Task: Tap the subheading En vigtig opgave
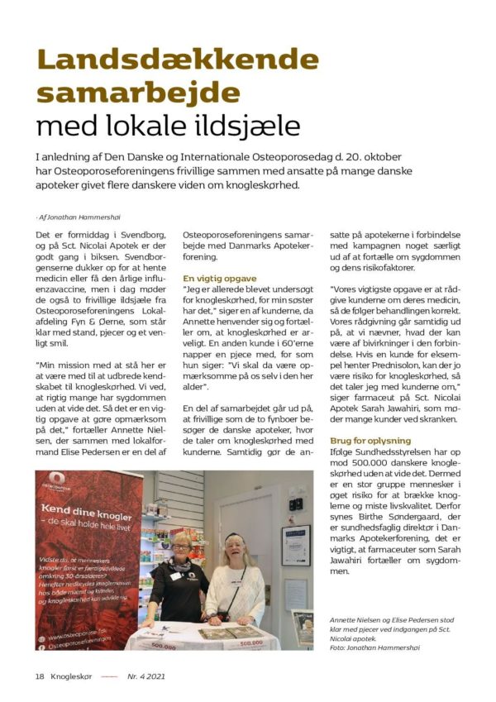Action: [x=220, y=279]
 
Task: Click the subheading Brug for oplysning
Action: [x=372, y=441]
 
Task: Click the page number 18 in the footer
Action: [x=39, y=676]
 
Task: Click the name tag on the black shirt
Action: [x=176, y=577]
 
